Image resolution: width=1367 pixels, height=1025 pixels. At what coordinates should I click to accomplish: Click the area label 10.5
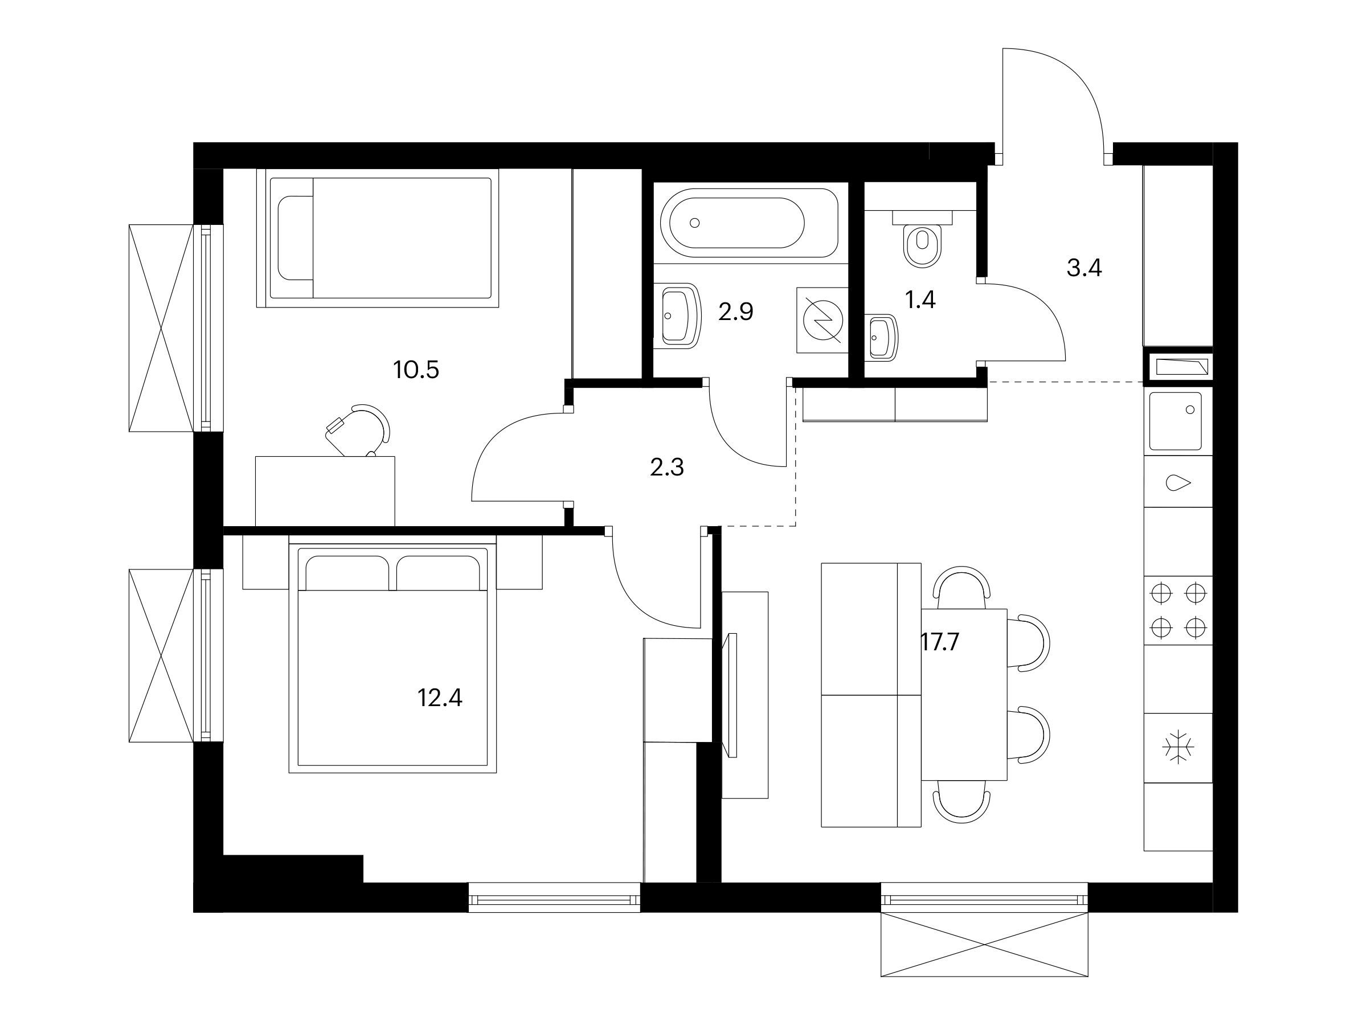(416, 370)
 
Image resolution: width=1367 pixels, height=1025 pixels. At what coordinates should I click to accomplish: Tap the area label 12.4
(440, 698)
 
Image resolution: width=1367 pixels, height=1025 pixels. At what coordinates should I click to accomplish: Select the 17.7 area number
(940, 642)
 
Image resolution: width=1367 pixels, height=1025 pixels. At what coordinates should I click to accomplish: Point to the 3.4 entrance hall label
(1084, 268)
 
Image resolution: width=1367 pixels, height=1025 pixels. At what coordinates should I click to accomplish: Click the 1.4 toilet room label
(920, 300)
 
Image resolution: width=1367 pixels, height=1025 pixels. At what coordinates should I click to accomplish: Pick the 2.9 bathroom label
(736, 312)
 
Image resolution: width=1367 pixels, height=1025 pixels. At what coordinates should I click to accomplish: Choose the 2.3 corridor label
(668, 468)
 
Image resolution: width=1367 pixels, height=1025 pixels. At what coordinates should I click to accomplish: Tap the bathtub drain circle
(695, 223)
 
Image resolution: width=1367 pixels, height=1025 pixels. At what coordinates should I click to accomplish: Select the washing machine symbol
(822, 320)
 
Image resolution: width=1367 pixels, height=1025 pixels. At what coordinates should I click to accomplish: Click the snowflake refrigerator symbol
(1178, 748)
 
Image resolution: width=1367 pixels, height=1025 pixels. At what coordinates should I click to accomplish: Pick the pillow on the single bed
(296, 239)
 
